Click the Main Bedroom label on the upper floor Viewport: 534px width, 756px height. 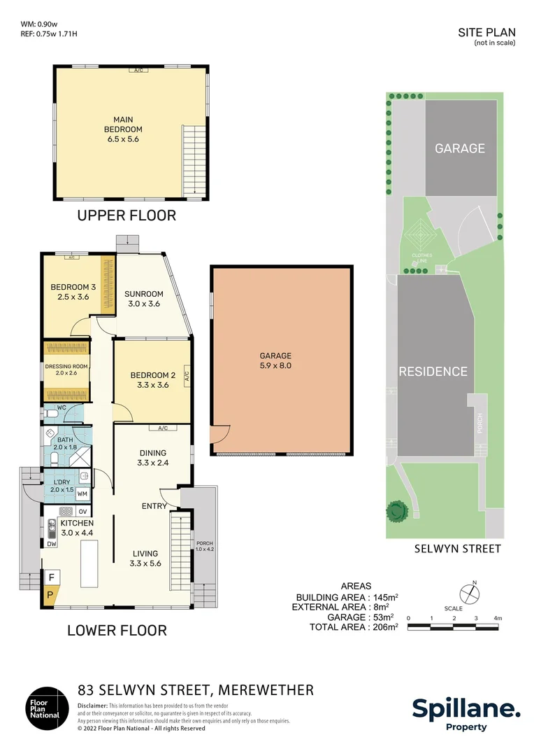click(123, 129)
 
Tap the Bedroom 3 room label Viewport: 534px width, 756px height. click(73, 292)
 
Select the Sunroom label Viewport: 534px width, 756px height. click(143, 298)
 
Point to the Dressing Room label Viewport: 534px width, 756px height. click(66, 370)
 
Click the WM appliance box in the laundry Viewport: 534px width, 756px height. click(82, 493)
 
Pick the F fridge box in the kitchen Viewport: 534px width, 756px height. click(52, 577)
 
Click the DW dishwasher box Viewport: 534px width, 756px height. click(52, 544)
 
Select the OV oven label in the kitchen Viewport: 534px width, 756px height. click(82, 512)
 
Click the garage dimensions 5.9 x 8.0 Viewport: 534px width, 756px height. click(275, 365)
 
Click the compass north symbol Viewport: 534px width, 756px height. click(470, 592)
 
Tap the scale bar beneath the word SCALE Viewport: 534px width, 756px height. click(453, 627)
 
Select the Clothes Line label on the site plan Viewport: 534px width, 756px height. click(421, 258)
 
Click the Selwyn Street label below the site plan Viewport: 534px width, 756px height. click(457, 549)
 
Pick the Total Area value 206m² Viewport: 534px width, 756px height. click(385, 626)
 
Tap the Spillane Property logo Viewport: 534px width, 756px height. click(466, 714)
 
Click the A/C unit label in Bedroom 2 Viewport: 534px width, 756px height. click(187, 376)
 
